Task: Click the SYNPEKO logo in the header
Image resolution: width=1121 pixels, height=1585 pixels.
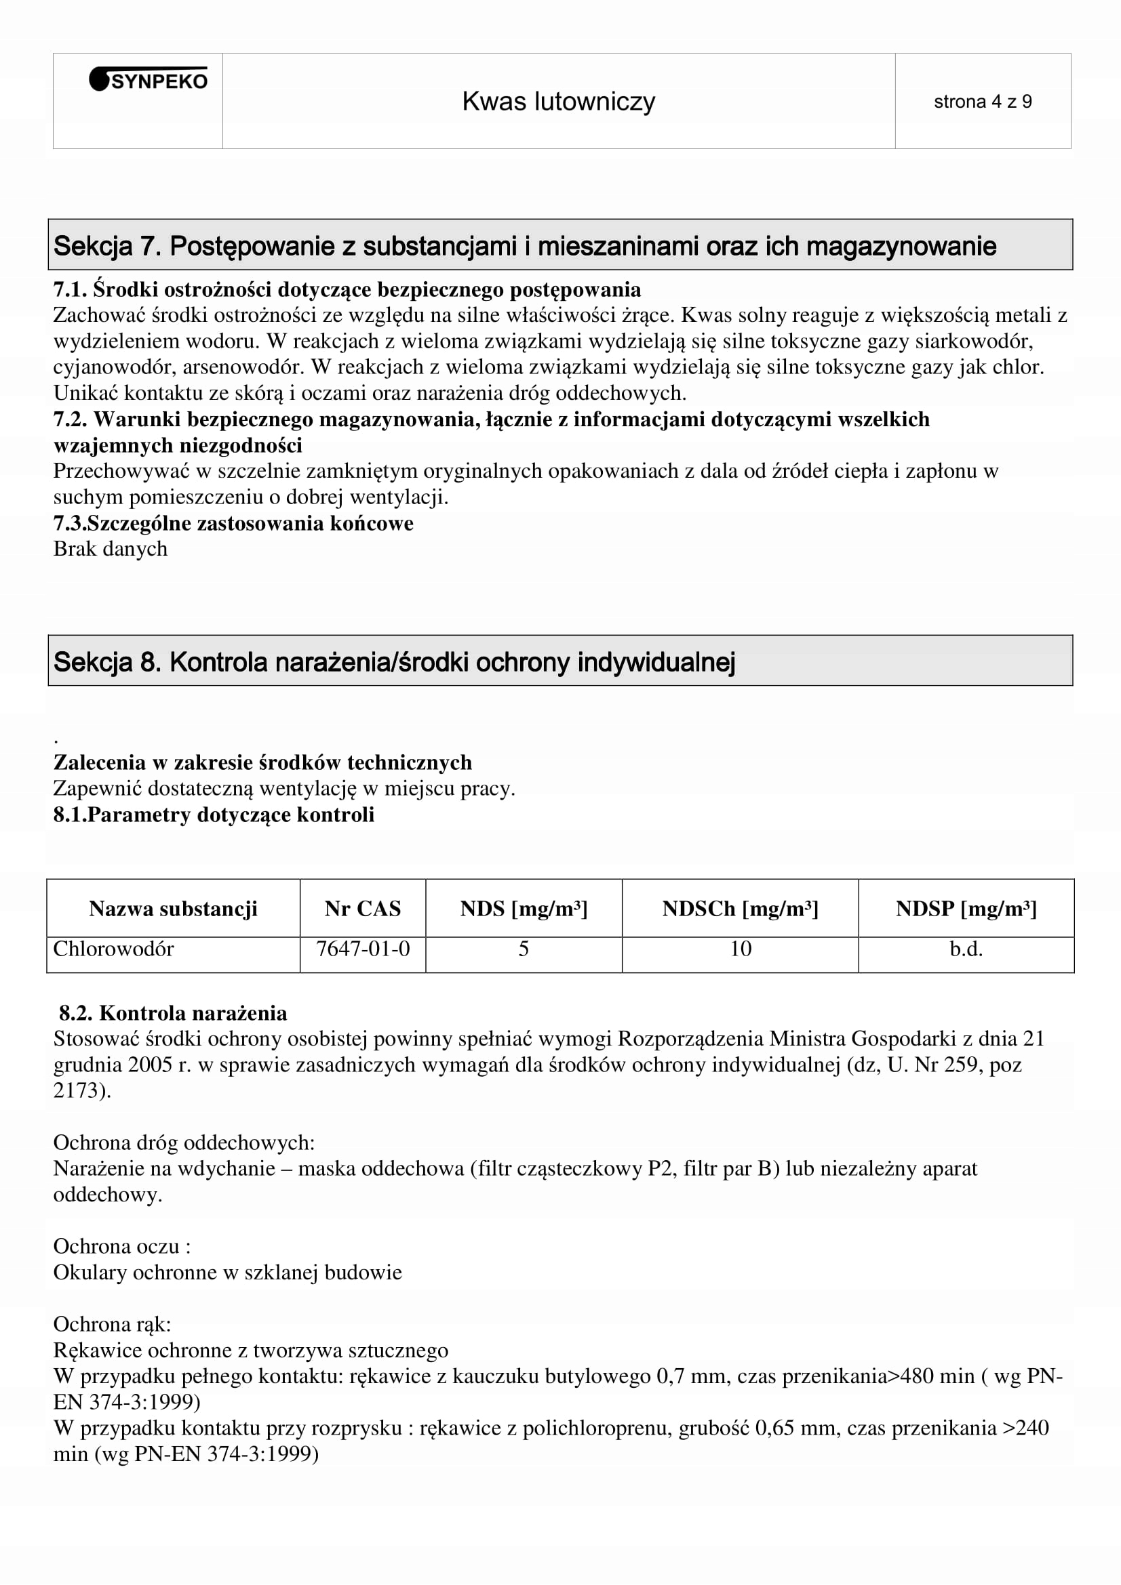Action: (149, 81)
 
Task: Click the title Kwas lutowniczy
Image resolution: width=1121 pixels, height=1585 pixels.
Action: (558, 102)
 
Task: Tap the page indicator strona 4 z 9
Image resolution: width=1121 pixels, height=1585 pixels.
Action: (982, 102)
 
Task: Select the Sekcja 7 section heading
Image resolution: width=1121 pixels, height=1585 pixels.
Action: (525, 247)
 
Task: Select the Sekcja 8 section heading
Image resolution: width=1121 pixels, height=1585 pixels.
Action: (394, 662)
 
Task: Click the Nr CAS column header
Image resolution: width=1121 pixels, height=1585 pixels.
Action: (363, 909)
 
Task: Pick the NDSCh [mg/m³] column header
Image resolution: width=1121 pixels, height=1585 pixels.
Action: (740, 909)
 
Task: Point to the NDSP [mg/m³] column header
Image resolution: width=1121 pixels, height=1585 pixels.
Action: (966, 909)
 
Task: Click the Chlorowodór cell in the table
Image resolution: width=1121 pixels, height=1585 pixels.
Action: (113, 949)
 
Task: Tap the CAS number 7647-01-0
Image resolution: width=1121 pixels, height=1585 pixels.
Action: (363, 949)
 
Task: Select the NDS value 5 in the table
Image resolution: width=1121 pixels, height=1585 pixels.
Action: (524, 949)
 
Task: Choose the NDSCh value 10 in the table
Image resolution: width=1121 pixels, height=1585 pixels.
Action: (741, 949)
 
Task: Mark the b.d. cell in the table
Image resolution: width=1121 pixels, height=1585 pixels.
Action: (966, 949)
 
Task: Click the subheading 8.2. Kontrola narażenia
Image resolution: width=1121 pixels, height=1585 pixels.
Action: (173, 1013)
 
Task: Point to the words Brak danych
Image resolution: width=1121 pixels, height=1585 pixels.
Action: (111, 549)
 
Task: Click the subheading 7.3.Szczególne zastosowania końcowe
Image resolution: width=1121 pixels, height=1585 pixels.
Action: (233, 523)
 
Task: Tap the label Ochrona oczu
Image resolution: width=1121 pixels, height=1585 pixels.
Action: (121, 1246)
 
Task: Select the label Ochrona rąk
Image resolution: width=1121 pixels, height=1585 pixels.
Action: (112, 1324)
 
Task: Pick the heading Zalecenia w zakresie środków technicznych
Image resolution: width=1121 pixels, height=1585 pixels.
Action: (262, 763)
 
